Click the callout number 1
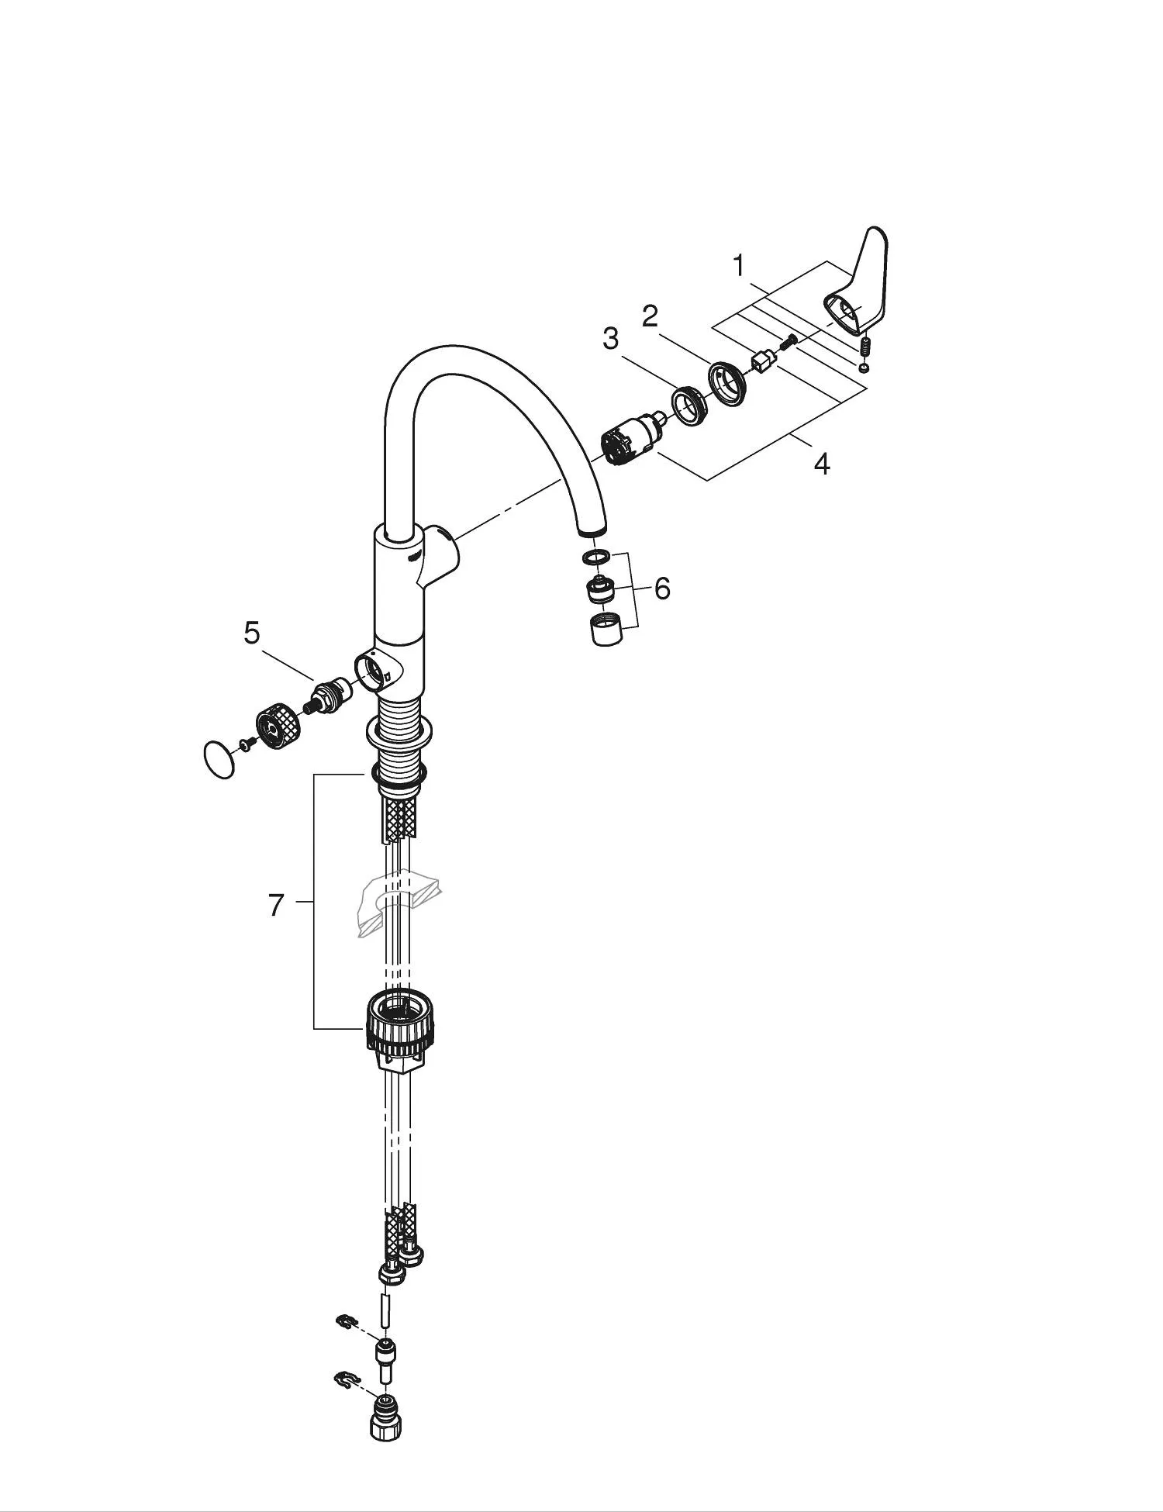(740, 267)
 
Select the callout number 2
(650, 316)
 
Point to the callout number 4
(822, 464)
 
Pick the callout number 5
(252, 633)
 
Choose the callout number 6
(662, 589)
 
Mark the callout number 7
(276, 905)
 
